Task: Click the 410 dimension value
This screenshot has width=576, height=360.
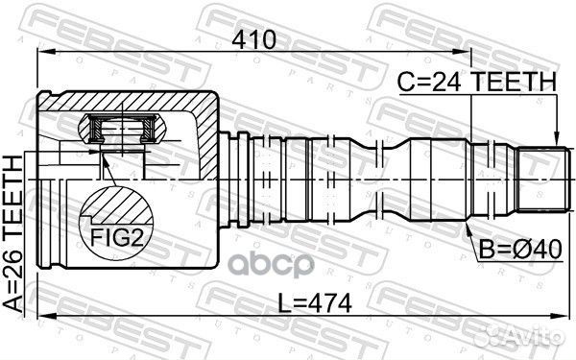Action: [x=252, y=39]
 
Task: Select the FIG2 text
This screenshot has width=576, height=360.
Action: [x=116, y=235]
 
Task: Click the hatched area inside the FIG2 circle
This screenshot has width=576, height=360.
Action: [x=119, y=204]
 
